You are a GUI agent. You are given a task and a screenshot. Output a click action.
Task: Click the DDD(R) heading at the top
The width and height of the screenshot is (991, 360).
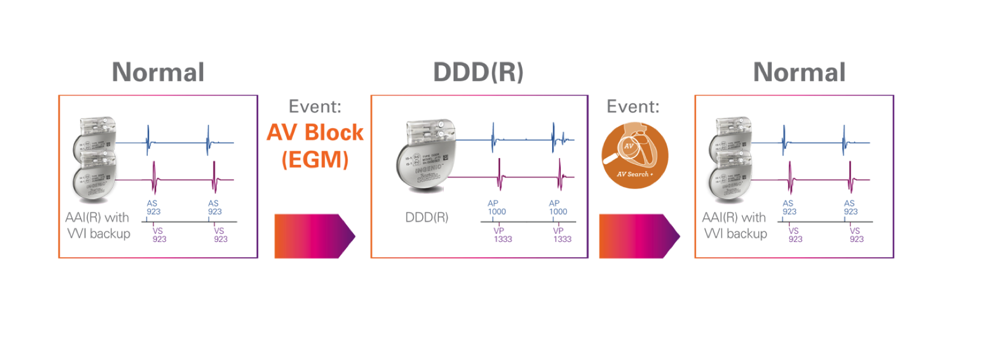(x=478, y=73)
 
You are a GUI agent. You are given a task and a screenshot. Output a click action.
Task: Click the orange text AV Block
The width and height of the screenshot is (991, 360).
(x=315, y=132)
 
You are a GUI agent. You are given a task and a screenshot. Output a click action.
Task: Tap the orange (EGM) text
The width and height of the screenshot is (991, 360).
(x=315, y=160)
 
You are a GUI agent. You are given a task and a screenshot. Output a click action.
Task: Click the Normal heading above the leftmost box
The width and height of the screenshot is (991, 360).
(x=158, y=73)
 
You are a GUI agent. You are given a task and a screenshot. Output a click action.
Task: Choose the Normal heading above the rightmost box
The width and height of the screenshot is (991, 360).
(x=800, y=73)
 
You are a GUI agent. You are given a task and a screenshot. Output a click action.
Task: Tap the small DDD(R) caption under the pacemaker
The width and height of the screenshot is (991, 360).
(x=427, y=218)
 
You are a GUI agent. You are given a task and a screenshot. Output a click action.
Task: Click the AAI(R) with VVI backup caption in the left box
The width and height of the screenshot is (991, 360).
(x=98, y=225)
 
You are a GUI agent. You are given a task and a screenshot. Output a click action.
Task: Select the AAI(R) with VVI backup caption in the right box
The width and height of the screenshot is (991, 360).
(x=735, y=225)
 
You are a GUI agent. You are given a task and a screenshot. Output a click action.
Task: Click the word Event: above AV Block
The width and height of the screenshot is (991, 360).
(x=315, y=107)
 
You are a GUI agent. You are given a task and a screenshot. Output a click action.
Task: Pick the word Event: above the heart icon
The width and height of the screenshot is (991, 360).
(x=633, y=107)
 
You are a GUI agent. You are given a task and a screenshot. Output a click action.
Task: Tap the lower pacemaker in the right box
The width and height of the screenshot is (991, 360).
(x=731, y=178)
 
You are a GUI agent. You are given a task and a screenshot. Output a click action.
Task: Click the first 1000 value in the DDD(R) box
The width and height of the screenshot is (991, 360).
(x=497, y=212)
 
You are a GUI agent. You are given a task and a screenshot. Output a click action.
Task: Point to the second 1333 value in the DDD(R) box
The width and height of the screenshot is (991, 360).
(x=563, y=239)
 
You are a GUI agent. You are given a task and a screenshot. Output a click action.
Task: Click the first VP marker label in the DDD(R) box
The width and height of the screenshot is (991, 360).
(x=499, y=230)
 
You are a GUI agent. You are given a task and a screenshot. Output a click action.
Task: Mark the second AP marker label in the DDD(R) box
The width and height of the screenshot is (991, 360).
(x=555, y=204)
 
